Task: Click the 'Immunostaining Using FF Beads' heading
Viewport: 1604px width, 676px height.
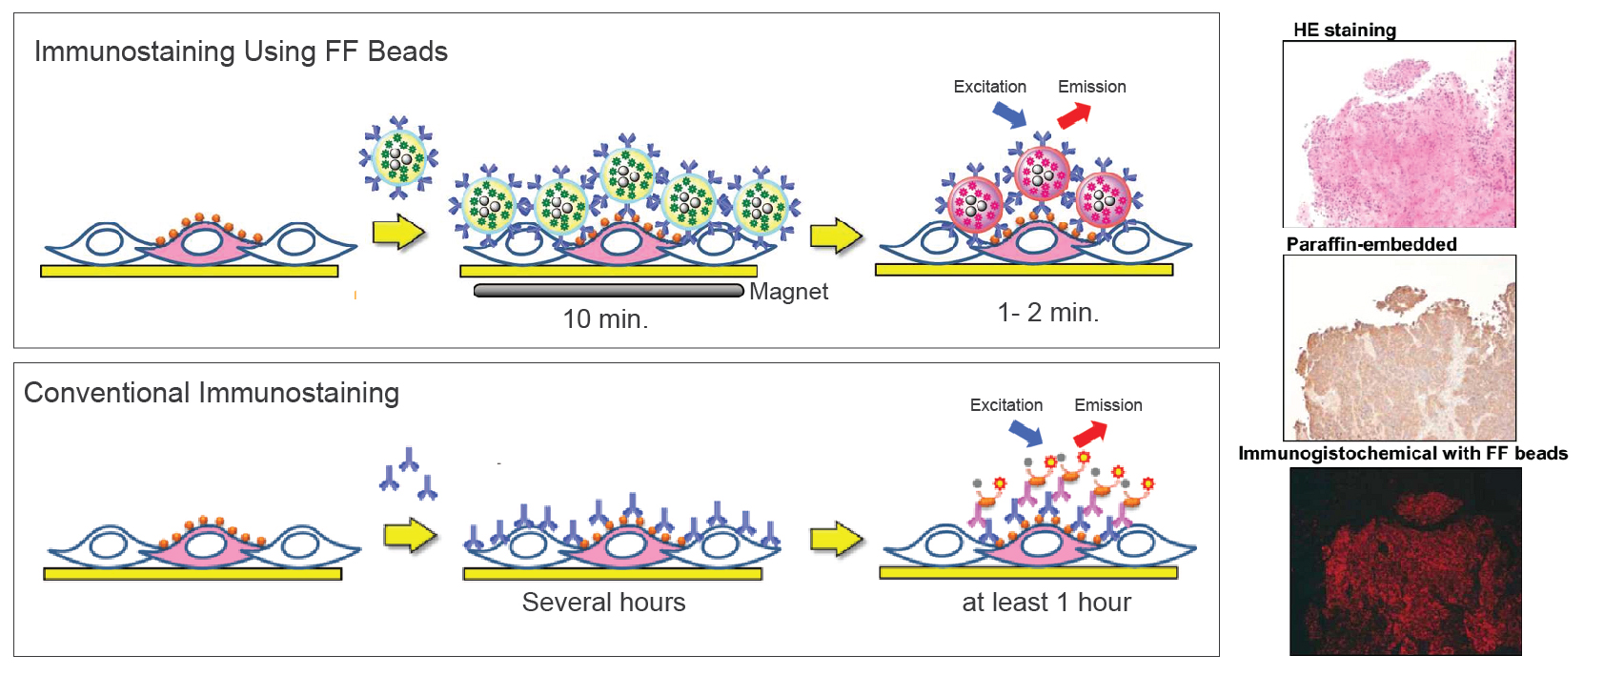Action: coord(240,51)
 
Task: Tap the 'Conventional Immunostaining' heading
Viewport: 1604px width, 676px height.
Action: coord(212,393)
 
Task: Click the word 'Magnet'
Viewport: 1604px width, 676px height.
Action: coord(788,292)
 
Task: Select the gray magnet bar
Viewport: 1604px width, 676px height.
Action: coord(609,290)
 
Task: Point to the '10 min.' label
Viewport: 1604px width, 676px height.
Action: coord(605,318)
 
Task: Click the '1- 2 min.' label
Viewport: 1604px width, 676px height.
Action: coord(1047,312)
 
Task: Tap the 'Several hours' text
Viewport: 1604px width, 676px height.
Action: coord(603,603)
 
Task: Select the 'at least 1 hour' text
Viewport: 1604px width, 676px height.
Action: coord(1046,603)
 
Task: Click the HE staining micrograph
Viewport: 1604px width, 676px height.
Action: coord(1399,133)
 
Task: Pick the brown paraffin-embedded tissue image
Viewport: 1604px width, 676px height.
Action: coord(1399,348)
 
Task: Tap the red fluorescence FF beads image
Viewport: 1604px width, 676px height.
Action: coord(1405,562)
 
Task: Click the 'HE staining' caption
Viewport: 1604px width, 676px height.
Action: coord(1345,31)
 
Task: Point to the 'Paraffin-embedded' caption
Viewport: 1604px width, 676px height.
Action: coord(1371,244)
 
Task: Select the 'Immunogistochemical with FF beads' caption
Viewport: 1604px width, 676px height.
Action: coord(1403,453)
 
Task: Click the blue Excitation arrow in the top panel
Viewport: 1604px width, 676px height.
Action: coord(1009,114)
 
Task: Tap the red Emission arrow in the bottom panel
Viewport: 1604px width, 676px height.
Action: coord(1090,433)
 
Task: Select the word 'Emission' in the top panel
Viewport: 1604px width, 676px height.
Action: coord(1092,87)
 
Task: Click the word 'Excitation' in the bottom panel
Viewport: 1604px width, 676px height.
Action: coord(1006,405)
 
